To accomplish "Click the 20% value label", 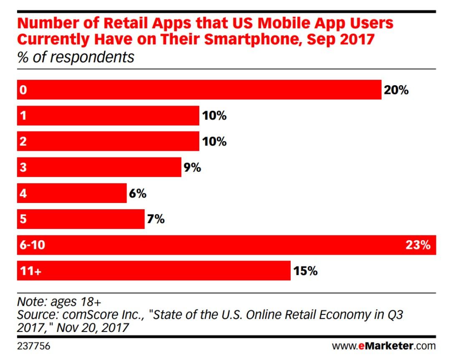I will [396, 90].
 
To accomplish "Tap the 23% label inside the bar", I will [418, 245].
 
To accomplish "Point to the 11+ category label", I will [30, 271].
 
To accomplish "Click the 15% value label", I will [305, 271].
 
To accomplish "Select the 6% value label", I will [137, 193].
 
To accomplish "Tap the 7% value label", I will [156, 219].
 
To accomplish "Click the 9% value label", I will [192, 167].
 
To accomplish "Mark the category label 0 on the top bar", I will [23, 90].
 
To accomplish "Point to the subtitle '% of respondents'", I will [76, 57].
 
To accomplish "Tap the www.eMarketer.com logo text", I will [384, 346].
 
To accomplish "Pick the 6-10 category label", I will [32, 245].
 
